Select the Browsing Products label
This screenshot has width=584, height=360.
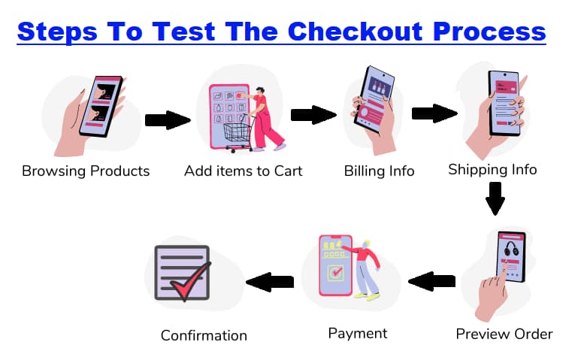point(86,171)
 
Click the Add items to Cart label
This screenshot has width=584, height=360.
point(244,171)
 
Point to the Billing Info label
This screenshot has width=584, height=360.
point(379,171)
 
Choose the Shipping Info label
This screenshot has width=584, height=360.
point(492,170)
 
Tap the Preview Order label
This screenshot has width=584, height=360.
point(504,334)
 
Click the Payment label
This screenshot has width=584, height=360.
point(358,332)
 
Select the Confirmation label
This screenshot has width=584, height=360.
point(204,335)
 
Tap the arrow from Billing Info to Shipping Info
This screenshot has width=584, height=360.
point(434,113)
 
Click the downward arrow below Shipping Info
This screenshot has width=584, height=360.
point(495,197)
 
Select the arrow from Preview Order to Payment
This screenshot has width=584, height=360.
point(432,282)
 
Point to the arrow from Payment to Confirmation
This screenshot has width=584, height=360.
point(270,282)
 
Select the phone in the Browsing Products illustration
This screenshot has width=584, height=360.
point(104,106)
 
